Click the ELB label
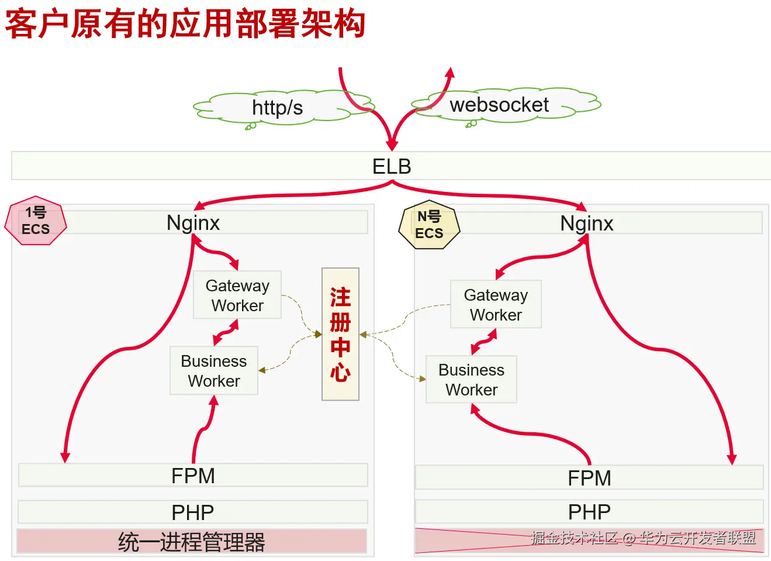392,166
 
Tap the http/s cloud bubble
283,107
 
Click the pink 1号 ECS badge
36,221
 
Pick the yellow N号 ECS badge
429,225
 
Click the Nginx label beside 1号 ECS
193,222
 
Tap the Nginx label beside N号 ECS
587,223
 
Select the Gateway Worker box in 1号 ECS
237,295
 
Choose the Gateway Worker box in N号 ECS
496,304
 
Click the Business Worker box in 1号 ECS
214,370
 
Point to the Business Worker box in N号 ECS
471,379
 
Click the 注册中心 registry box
340,334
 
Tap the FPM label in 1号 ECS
193,476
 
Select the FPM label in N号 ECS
589,478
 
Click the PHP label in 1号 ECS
193,512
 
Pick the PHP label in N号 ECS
589,512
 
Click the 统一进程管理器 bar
192,541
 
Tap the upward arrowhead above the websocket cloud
450,73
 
